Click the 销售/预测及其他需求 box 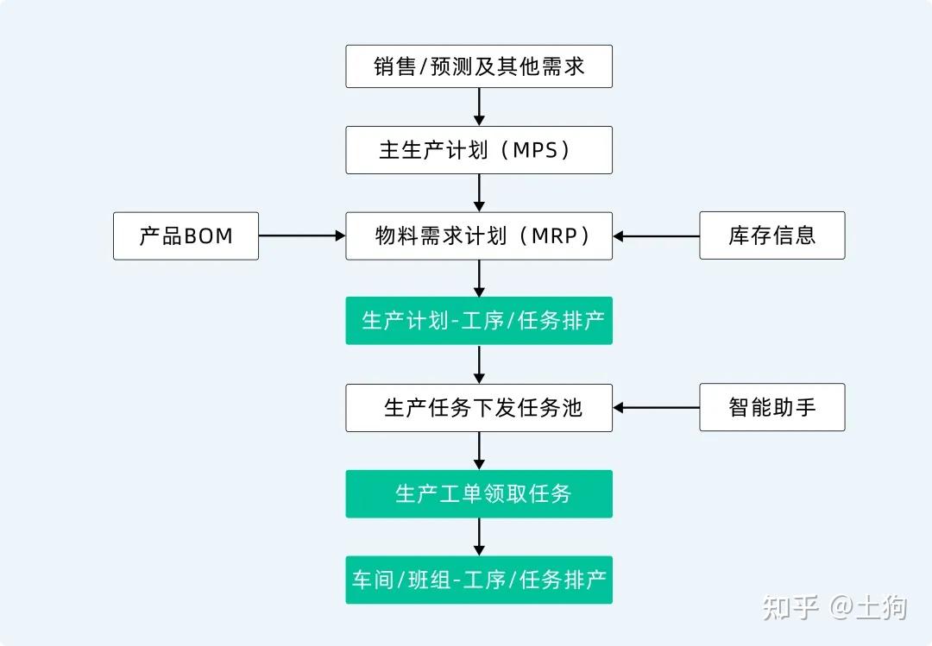point(479,66)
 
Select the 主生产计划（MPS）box point(479,150)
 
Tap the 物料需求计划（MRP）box point(479,235)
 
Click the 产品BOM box point(186,235)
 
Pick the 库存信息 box point(771,235)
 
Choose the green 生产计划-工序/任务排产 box point(479,321)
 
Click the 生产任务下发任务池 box point(479,407)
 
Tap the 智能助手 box point(771,407)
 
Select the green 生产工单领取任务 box point(479,493)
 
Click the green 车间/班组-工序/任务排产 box point(479,580)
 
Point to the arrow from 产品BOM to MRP point(302,235)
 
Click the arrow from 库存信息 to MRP point(656,235)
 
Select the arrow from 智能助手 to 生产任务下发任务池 point(656,407)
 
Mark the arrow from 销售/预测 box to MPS point(479,107)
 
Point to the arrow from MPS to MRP point(479,192)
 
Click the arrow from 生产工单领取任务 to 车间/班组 point(479,536)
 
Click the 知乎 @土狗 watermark point(834,607)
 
